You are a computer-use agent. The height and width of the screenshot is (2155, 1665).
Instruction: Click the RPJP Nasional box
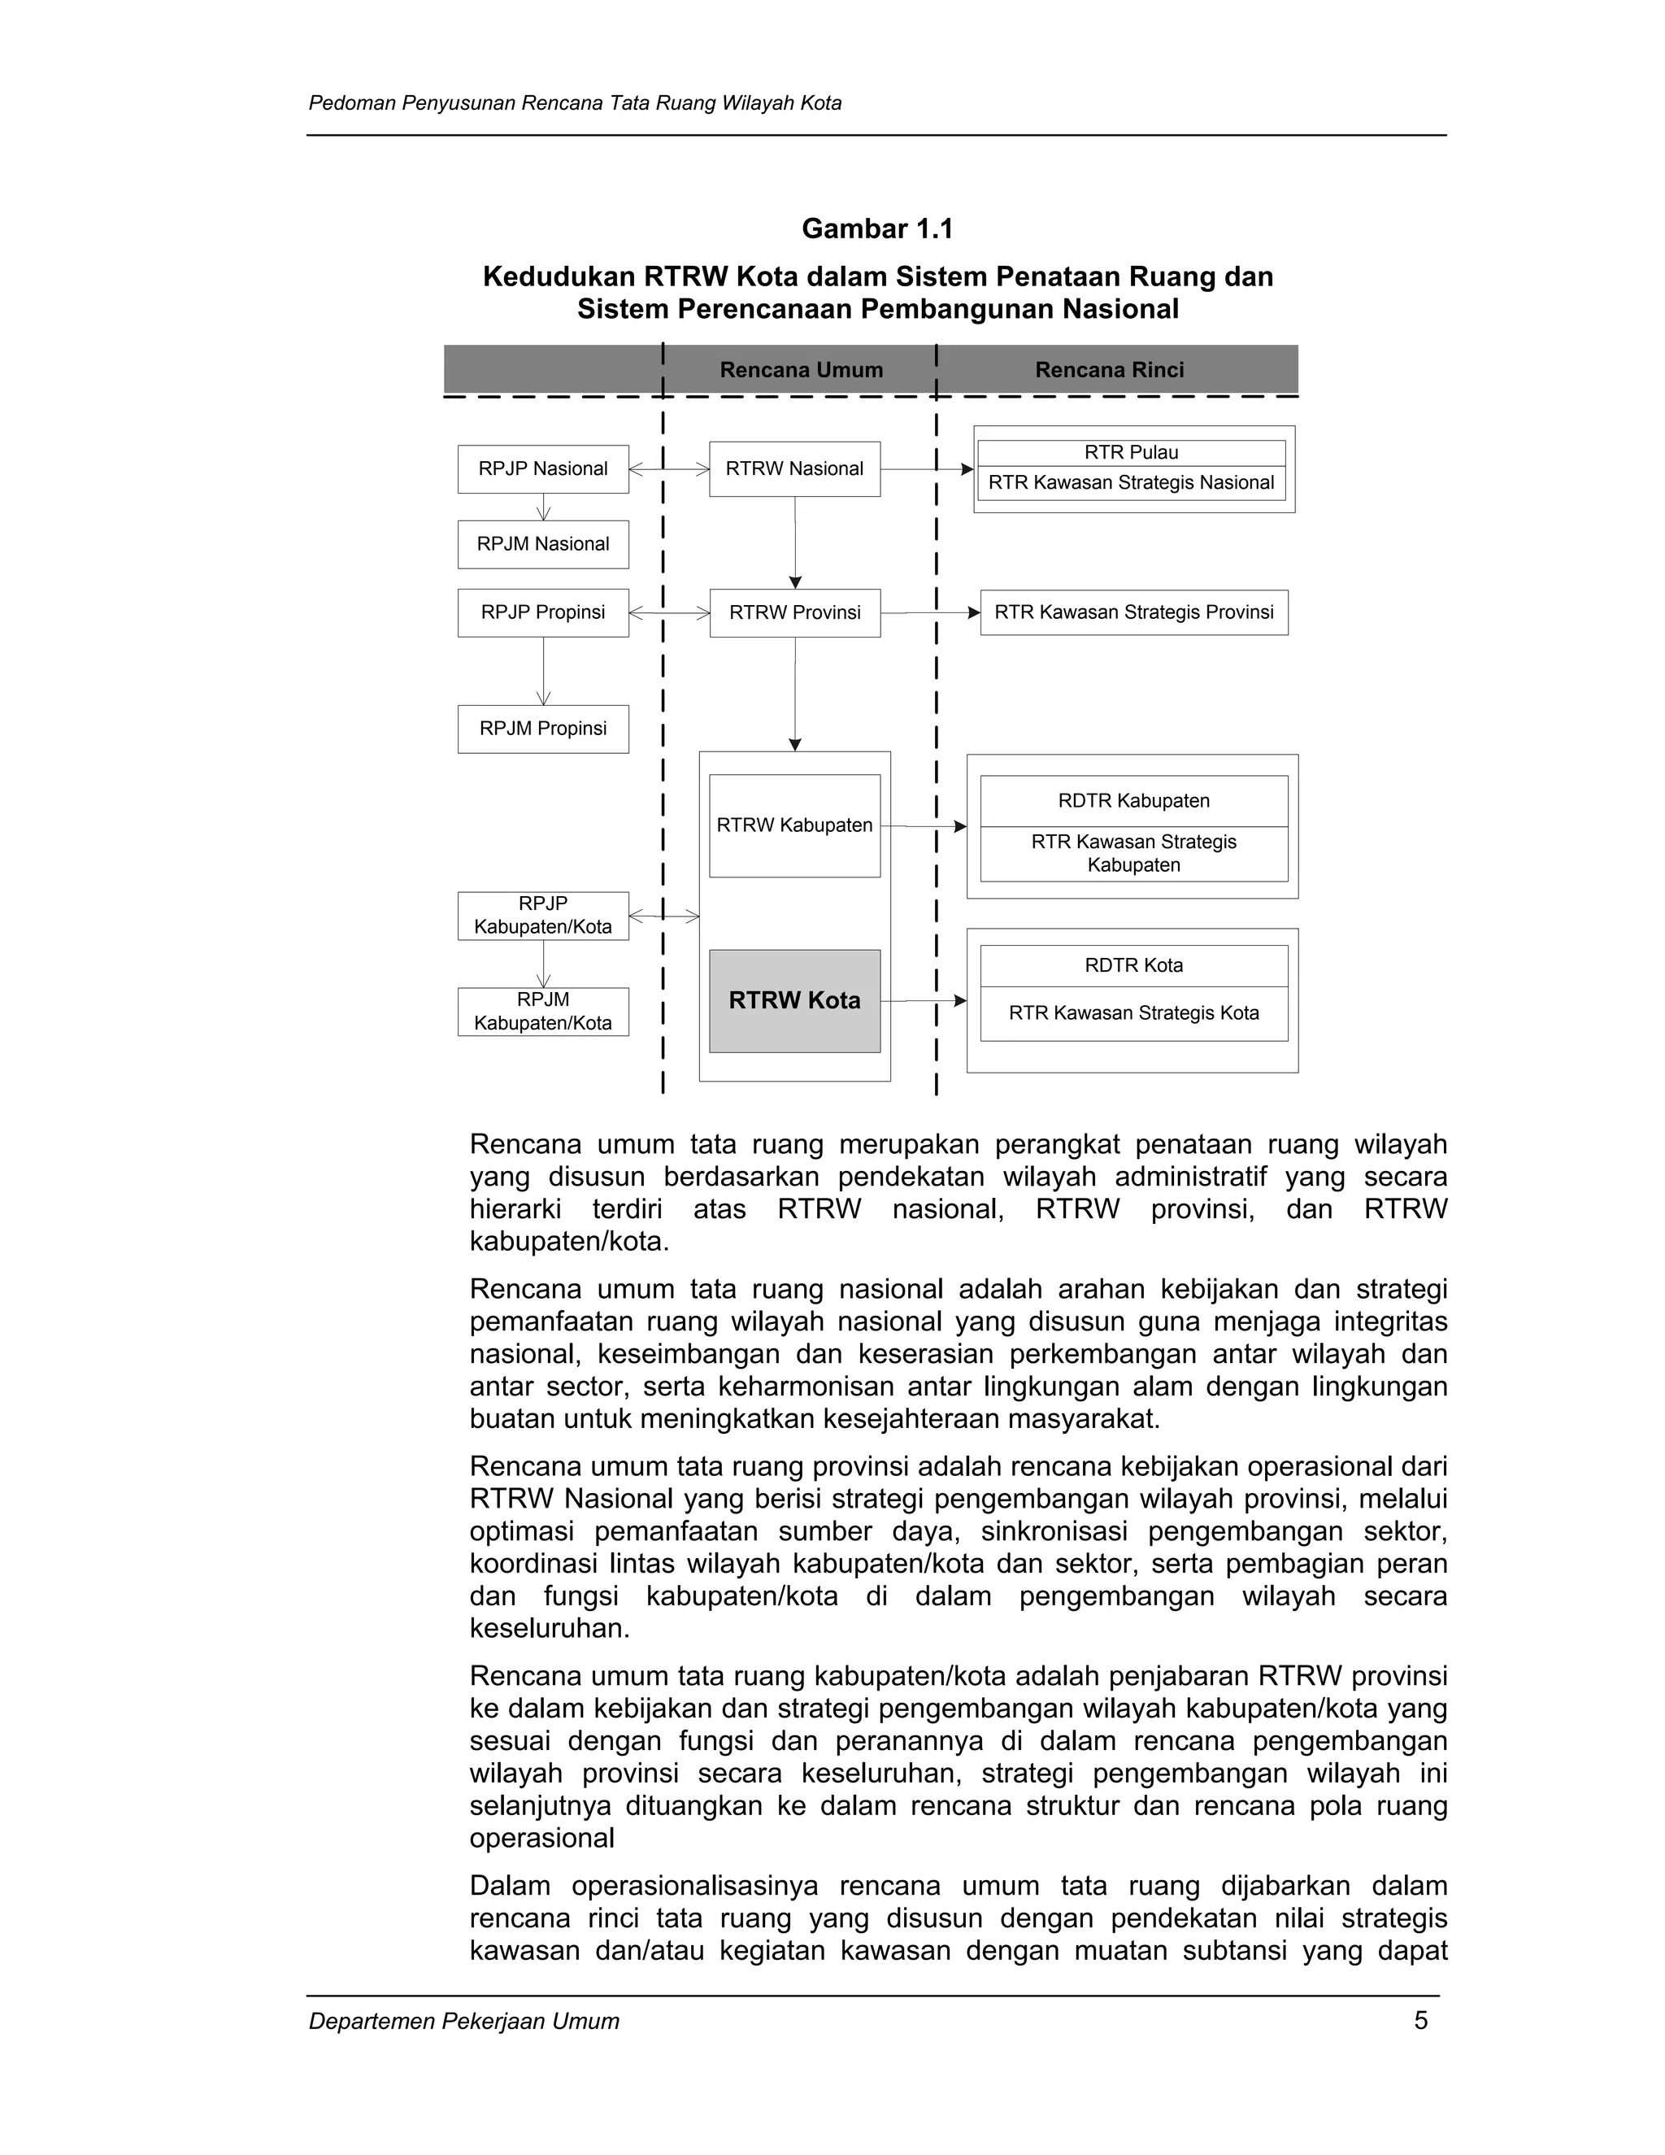(542, 468)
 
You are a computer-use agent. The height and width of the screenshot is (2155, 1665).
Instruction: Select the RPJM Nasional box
(542, 544)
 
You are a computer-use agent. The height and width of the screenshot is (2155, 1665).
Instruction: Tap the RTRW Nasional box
(794, 468)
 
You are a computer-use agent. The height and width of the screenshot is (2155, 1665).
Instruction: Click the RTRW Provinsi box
(794, 613)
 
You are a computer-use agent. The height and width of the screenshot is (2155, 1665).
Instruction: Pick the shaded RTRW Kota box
(794, 1000)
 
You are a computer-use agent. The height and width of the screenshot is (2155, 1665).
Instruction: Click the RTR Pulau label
(1132, 453)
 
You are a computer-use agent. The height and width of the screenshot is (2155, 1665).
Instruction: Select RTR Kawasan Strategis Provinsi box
(1133, 613)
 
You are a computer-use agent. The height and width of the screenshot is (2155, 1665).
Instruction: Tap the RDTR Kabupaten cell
(1133, 801)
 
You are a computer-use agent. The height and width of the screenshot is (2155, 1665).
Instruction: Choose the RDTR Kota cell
(1133, 965)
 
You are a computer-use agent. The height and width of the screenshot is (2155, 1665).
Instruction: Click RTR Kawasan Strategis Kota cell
(1133, 1013)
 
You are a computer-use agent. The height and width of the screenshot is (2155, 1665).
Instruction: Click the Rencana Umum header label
(801, 370)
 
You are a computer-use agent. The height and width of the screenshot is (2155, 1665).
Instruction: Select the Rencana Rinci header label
(1109, 370)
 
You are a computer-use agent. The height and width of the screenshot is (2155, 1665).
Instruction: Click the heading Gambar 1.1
(877, 229)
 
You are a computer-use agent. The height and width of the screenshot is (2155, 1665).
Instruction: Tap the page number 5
(1420, 2020)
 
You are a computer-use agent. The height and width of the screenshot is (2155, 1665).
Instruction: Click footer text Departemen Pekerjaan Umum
(463, 2021)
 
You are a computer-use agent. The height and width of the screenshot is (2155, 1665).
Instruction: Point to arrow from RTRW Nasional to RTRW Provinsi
(795, 542)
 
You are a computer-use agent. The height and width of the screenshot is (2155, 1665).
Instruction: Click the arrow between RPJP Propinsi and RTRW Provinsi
(669, 613)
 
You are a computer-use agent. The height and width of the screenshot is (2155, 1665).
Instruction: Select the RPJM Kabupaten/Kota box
(542, 1012)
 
